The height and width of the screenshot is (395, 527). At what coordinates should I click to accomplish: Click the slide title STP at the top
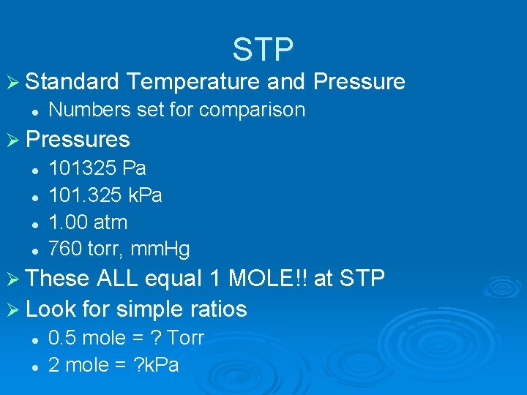pos(263,49)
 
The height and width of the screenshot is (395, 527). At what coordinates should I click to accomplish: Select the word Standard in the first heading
pos(72,82)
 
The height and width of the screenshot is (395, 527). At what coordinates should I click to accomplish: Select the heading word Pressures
pos(78,140)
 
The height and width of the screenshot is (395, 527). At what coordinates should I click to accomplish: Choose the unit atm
pos(110,222)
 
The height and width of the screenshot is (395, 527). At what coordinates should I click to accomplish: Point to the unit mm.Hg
pos(160,249)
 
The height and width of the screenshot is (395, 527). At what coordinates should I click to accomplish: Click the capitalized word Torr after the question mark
pos(185,338)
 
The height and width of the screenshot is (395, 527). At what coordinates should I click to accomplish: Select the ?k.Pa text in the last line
pos(154,365)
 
